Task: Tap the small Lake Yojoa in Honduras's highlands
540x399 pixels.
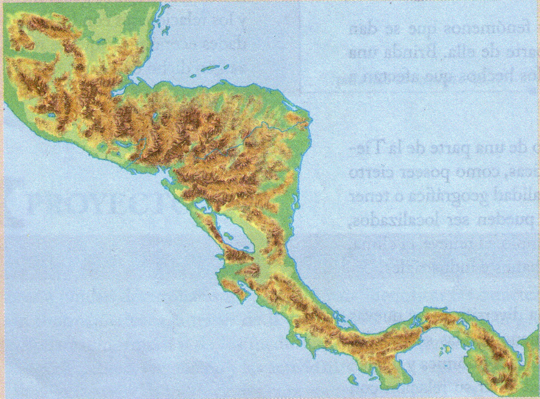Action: (x=155, y=117)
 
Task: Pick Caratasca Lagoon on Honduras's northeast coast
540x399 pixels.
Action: (x=296, y=117)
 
